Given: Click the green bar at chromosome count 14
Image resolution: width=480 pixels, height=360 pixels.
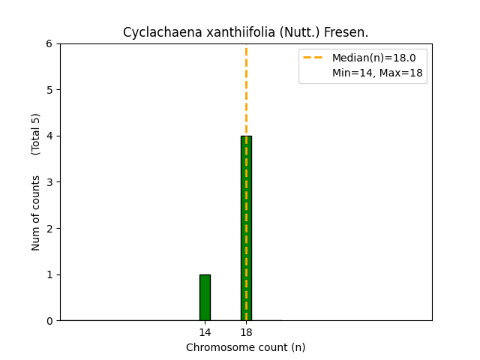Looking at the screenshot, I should (205, 298).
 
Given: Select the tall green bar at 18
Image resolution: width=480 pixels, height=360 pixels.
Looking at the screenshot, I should (246, 228).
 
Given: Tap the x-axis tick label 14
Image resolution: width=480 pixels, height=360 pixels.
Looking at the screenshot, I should (205, 332).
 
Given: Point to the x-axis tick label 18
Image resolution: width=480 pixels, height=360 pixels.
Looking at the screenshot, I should (246, 332).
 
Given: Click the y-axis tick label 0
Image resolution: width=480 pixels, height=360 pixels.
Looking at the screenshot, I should (49, 321).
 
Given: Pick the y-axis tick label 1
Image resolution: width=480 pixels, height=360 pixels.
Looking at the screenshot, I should (49, 274).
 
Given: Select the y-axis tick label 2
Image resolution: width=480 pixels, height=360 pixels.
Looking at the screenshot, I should (49, 228).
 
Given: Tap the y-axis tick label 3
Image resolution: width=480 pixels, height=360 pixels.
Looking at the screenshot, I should (49, 182).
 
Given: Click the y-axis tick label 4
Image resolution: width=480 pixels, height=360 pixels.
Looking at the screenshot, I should (49, 136).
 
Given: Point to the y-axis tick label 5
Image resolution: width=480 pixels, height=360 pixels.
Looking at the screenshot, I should (49, 90).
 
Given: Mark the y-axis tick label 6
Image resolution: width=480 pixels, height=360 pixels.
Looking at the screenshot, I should (49, 43).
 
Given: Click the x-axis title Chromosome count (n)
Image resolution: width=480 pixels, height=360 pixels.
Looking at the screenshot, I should (246, 347).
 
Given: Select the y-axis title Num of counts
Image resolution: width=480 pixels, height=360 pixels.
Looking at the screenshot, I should (36, 213).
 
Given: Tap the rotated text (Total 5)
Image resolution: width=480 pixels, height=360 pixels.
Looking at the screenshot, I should (36, 133).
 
